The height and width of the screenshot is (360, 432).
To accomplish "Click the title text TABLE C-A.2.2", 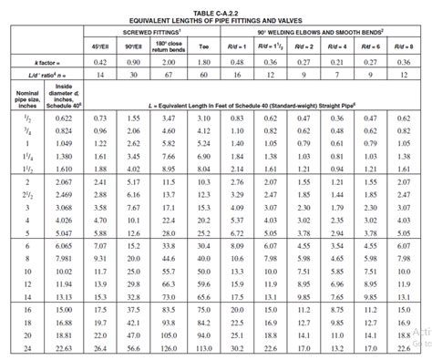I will click(216, 6).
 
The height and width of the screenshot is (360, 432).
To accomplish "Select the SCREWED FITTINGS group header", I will click(149, 29).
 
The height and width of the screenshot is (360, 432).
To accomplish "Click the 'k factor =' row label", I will click(34, 61).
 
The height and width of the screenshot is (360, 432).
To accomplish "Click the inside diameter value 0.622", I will click(64, 119).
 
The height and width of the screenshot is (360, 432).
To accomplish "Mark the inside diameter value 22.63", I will click(64, 347).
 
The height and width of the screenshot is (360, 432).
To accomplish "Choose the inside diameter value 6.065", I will click(64, 245).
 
